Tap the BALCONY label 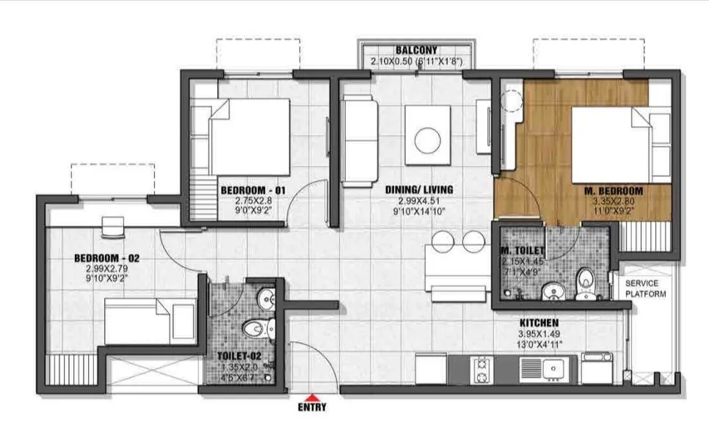click(x=418, y=51)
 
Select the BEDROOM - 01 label click(x=253, y=191)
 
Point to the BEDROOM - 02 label click(x=107, y=258)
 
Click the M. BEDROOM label click(x=611, y=191)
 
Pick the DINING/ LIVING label click(x=419, y=189)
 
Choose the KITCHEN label click(x=539, y=323)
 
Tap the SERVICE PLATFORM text click(x=646, y=288)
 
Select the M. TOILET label click(x=524, y=251)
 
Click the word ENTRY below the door click(x=313, y=407)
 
